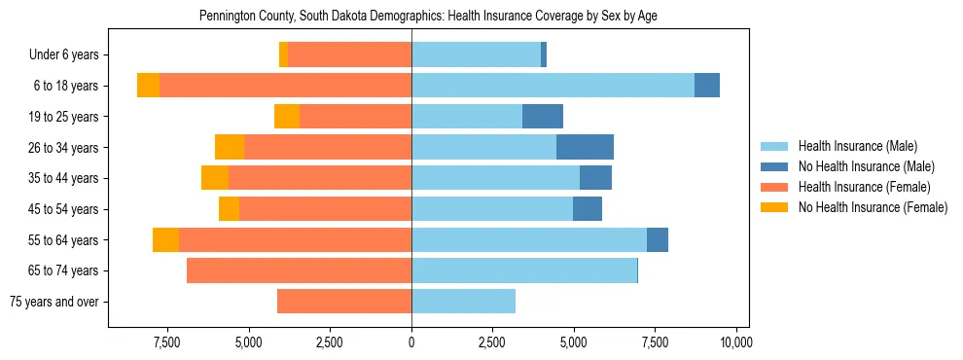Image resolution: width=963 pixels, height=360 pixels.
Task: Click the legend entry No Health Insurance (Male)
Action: point(866,167)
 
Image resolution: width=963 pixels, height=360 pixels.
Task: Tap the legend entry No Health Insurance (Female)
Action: point(873,207)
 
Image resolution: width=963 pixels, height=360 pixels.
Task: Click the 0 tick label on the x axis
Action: point(411,342)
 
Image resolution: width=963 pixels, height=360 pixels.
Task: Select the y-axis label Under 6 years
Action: point(70,55)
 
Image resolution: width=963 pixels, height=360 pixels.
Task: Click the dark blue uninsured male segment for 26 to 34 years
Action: point(585,147)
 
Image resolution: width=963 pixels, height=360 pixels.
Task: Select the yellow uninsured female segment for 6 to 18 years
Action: point(148,86)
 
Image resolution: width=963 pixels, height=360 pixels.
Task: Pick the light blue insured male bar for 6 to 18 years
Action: point(553,86)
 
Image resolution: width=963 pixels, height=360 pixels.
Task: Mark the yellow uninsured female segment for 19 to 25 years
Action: point(287,117)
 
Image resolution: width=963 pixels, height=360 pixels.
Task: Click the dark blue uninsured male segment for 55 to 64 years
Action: point(658,239)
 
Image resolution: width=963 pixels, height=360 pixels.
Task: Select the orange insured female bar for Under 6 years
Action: point(350,55)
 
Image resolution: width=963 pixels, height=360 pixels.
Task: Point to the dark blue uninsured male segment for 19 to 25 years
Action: point(543,117)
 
